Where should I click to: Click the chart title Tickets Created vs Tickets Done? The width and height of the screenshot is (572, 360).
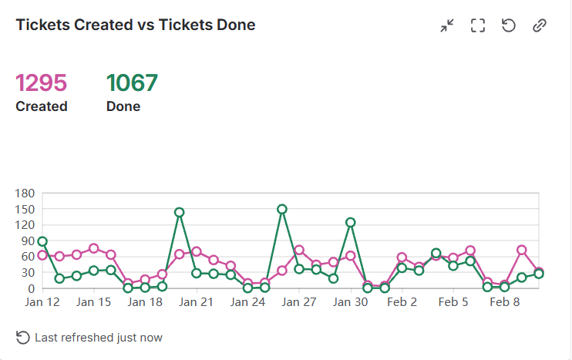(x=136, y=25)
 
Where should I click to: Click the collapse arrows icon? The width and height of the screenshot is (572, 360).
(x=447, y=25)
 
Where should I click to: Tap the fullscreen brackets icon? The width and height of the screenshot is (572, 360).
(x=478, y=25)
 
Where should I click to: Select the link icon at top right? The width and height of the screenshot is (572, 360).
(x=540, y=25)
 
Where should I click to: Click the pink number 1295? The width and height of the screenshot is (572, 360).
(x=42, y=82)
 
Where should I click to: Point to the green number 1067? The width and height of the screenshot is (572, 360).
(x=132, y=82)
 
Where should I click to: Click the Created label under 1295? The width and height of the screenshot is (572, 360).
(x=42, y=106)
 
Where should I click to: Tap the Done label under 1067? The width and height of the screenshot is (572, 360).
(x=123, y=106)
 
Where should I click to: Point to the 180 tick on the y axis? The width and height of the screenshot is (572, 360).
(x=25, y=193)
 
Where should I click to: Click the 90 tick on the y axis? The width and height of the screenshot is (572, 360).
(x=28, y=241)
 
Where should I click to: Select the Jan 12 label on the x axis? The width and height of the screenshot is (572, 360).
(x=42, y=302)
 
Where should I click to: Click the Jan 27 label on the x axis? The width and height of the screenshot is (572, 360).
(x=299, y=302)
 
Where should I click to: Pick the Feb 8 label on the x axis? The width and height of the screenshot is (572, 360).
(x=505, y=302)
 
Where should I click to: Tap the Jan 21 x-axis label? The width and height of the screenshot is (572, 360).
(x=197, y=302)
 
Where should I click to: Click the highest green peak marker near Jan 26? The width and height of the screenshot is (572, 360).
(x=282, y=209)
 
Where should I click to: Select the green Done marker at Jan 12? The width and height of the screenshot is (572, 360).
(x=42, y=242)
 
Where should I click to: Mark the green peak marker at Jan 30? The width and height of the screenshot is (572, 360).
(x=351, y=222)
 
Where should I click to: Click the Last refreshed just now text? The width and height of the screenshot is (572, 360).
(x=99, y=338)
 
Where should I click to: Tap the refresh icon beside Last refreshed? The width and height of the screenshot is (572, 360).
(x=23, y=338)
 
